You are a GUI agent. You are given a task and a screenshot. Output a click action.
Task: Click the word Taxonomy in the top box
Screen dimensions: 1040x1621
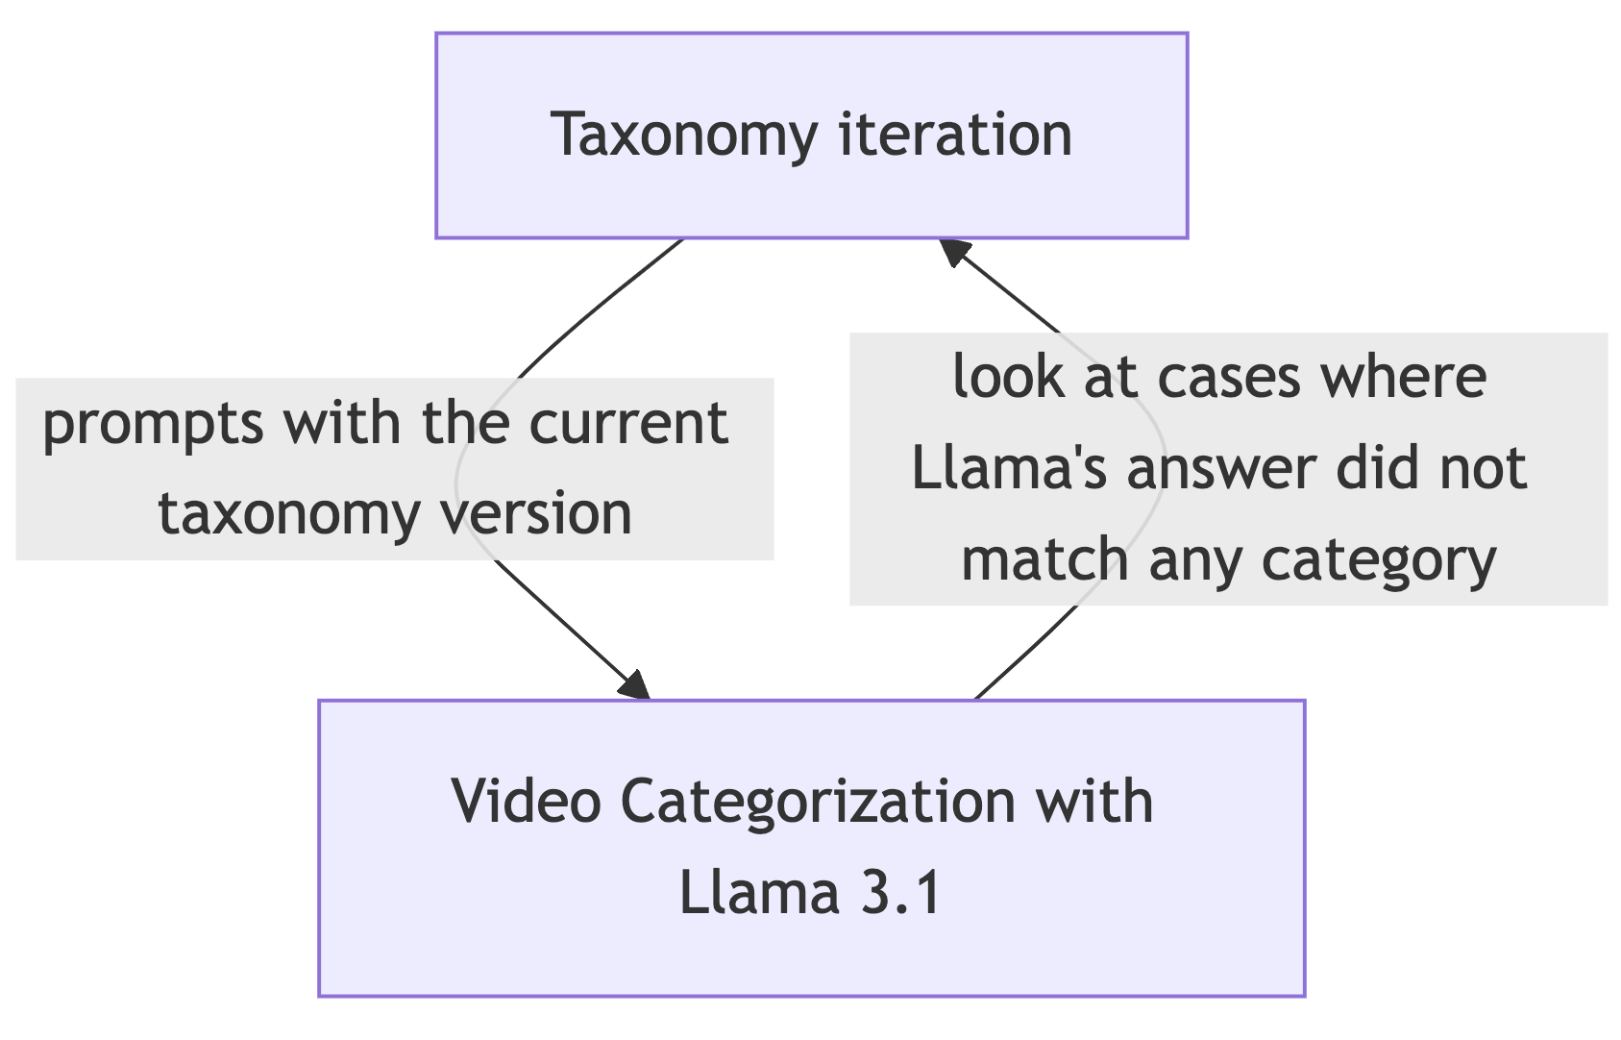pyautogui.click(x=684, y=135)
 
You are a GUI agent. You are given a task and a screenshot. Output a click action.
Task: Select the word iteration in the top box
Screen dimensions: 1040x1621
pyautogui.click(x=955, y=135)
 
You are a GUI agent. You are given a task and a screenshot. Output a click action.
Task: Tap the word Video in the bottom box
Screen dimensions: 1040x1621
pyautogui.click(x=527, y=801)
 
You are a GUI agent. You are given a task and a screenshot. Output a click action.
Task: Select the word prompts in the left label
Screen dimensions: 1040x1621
pyautogui.click(x=152, y=424)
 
